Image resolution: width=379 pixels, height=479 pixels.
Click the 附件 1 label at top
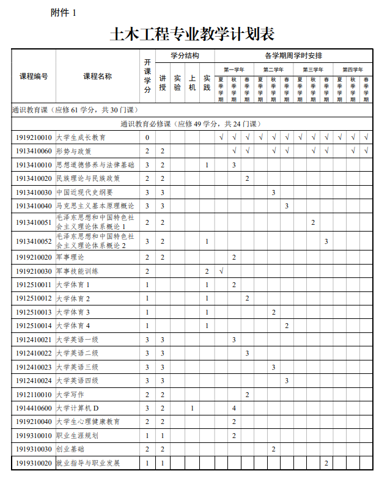coord(64,13)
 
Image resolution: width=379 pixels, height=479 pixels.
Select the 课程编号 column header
coord(34,76)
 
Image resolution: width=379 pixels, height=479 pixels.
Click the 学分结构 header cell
coord(185,56)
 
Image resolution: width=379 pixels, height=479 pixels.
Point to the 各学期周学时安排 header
coord(293,56)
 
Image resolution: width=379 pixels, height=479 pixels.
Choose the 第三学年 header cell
coord(313,69)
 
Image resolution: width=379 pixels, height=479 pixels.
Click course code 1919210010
coord(34,137)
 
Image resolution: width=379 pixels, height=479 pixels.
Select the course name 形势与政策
coord(74,151)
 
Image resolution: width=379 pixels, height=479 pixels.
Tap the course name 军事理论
coord(70,257)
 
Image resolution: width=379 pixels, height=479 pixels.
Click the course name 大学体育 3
coord(73,312)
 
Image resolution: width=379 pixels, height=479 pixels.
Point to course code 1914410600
coord(34,408)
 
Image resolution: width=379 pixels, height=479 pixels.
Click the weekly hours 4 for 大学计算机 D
coord(234,408)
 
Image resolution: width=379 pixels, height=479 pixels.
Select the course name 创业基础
coord(70,449)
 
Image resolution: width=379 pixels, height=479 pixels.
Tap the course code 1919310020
coord(34,463)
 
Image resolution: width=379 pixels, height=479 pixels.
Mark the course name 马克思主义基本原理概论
coord(95,206)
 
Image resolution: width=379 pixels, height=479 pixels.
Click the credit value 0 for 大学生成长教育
coord(147,137)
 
